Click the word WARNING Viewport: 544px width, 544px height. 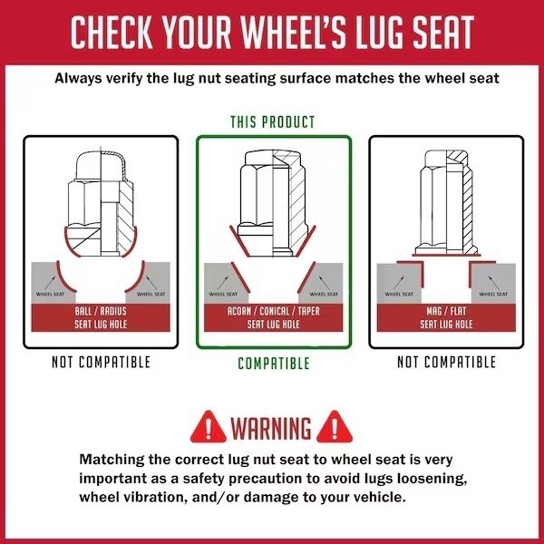(x=271, y=428)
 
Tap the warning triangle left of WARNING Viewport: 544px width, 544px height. (x=209, y=427)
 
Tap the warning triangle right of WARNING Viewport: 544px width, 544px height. (x=335, y=427)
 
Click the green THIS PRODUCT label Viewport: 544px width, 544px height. (x=273, y=122)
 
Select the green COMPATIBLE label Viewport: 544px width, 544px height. (x=274, y=364)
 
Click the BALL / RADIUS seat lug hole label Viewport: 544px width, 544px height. (x=101, y=317)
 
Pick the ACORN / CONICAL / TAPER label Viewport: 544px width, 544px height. (x=274, y=317)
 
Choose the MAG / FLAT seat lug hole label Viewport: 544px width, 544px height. (x=446, y=317)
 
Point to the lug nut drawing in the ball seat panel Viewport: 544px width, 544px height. (x=101, y=205)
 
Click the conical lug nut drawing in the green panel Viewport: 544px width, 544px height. (x=273, y=204)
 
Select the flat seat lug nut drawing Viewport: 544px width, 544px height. (x=446, y=203)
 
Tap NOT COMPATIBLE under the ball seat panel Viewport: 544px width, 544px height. (x=101, y=362)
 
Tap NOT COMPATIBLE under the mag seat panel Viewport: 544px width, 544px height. (x=446, y=362)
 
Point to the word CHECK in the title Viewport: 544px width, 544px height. (x=112, y=33)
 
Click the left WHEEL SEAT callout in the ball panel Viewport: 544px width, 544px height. (x=50, y=294)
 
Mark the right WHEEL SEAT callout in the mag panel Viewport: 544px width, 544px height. (x=493, y=294)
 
